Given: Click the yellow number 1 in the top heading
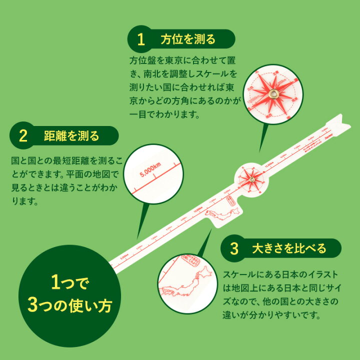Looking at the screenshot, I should [141, 39].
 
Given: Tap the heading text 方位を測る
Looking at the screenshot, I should [188, 39].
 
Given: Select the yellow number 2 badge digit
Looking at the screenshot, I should [23, 135].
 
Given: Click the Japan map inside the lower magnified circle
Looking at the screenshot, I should [182, 285].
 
